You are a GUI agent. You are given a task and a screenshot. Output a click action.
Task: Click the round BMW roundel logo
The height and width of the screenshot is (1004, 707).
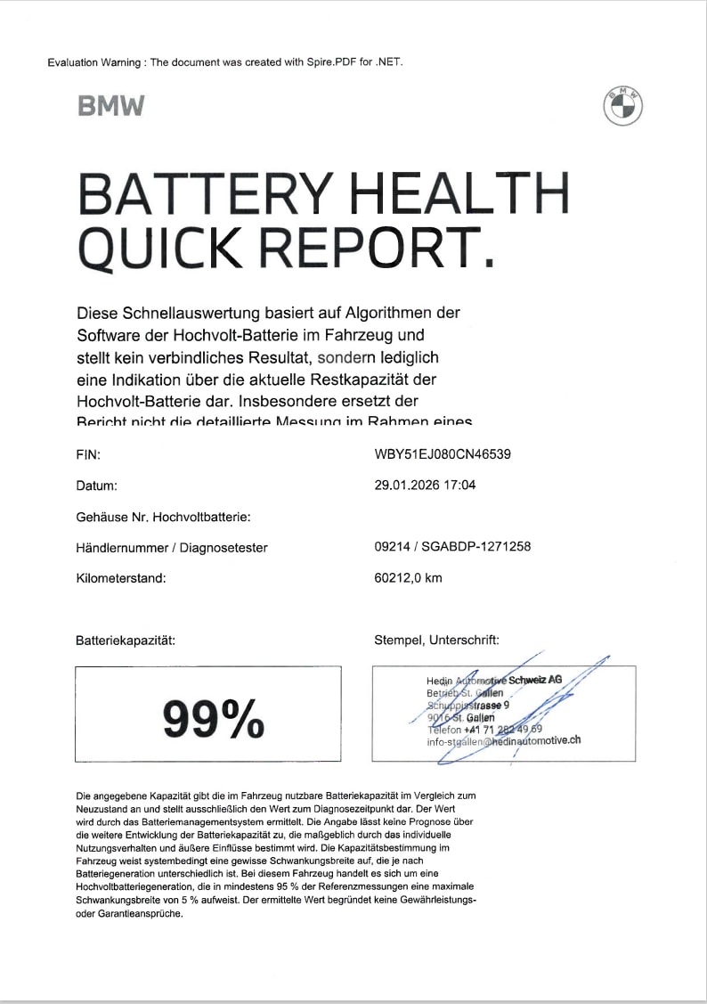click(x=622, y=106)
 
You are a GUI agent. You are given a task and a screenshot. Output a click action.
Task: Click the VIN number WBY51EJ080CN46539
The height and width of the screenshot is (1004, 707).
click(x=443, y=454)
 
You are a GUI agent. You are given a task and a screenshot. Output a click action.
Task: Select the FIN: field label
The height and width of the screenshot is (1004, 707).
click(x=88, y=454)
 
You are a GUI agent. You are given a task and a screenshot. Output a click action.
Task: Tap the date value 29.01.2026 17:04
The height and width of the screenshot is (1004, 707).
click(x=426, y=486)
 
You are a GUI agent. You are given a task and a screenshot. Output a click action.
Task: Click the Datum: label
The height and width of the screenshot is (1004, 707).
click(x=97, y=486)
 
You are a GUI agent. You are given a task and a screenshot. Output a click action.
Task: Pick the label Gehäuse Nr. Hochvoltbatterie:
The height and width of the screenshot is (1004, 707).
click(x=164, y=517)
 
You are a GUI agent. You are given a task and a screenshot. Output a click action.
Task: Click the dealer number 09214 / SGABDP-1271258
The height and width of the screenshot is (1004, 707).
click(x=452, y=546)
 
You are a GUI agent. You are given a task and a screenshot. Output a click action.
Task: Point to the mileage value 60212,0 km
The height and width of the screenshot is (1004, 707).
click(x=409, y=577)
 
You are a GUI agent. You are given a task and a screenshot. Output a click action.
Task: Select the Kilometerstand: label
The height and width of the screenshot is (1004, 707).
click(x=121, y=577)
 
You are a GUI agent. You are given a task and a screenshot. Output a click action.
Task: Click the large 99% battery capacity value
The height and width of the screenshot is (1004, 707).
click(x=213, y=718)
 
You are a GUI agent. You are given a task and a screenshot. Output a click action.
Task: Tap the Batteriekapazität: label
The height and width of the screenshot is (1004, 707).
click(x=126, y=640)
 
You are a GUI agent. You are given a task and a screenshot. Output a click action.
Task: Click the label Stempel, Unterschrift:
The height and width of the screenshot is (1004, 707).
click(x=436, y=640)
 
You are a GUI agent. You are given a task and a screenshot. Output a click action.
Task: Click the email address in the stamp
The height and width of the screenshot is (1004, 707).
click(x=504, y=740)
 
